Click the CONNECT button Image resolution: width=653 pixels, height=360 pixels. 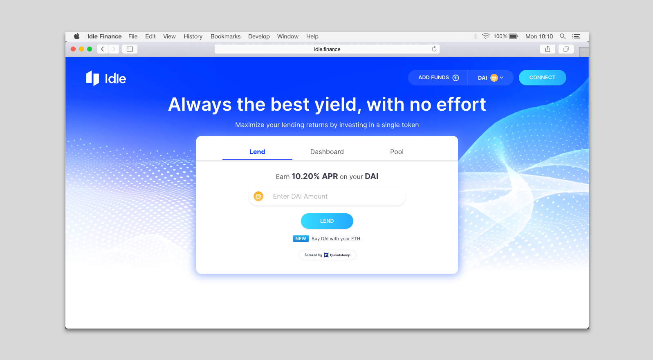point(542,78)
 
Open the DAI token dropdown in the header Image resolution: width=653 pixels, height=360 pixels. point(491,78)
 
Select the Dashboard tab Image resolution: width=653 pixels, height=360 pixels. point(327,152)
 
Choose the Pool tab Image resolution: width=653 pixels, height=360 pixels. point(397,152)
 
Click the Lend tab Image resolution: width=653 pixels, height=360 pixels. point(257,152)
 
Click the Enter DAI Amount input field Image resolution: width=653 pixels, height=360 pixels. point(327,196)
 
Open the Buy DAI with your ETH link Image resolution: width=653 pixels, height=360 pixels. point(336,239)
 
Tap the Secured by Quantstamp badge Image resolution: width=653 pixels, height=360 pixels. point(328,255)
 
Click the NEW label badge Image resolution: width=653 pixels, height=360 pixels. point(301,239)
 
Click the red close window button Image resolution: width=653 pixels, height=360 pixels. point(73,49)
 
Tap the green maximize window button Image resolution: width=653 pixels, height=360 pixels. point(90,49)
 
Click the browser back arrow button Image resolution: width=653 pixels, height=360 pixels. point(103,49)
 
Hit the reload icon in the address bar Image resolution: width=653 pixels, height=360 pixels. point(434,49)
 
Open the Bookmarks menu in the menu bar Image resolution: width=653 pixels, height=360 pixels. point(225,36)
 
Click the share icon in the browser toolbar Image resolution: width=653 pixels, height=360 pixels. point(548,49)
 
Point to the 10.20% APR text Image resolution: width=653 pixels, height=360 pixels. point(314,176)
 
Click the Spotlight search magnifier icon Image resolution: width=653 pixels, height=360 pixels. point(563,36)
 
